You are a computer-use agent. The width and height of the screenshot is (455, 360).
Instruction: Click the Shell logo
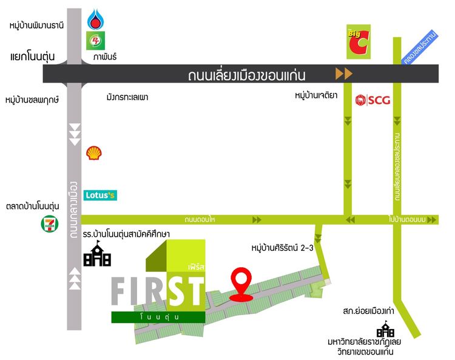[93, 152]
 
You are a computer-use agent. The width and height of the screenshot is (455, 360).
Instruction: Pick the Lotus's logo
[100, 195]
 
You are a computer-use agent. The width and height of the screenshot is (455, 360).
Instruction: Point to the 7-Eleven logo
[49, 223]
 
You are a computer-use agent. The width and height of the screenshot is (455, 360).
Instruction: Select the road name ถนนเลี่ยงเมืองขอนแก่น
[246, 75]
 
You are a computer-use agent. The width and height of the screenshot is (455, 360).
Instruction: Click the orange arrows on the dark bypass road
[344, 75]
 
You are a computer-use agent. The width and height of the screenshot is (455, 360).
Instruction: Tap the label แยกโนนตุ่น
[33, 56]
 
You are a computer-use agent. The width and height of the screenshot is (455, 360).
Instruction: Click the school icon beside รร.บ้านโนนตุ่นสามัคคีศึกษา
[97, 255]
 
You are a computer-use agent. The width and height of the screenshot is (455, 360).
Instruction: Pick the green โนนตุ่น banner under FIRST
[158, 316]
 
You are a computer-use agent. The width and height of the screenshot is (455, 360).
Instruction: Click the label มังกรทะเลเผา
[127, 97]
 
